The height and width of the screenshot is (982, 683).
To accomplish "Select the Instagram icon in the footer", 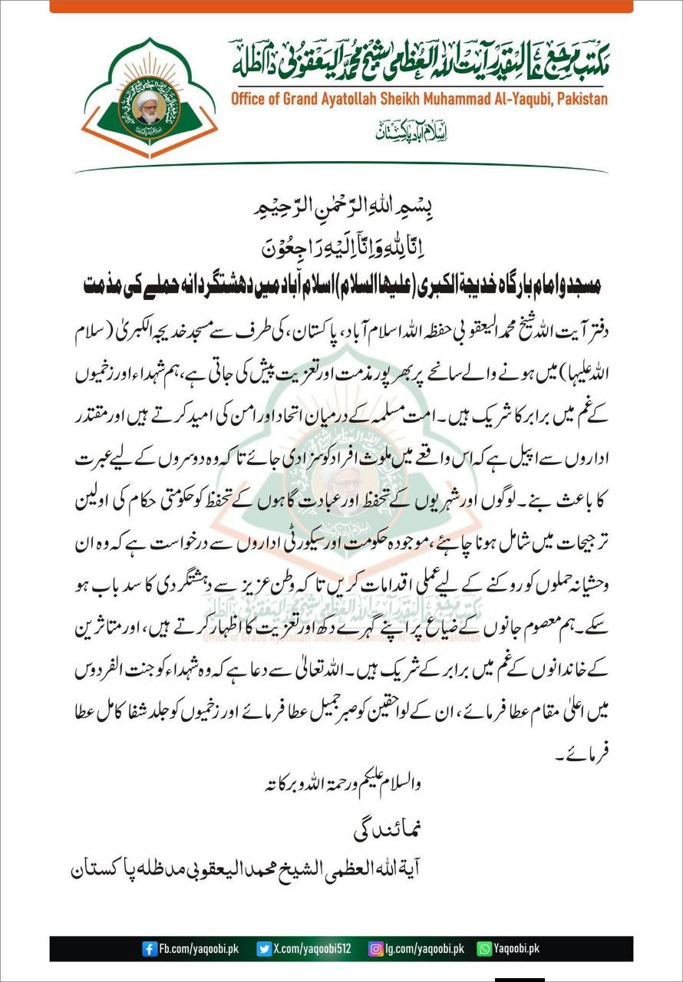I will [376, 949].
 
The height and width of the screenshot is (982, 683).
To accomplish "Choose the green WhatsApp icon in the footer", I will [484, 949].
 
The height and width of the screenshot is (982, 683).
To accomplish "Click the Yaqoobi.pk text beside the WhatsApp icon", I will [516, 949].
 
